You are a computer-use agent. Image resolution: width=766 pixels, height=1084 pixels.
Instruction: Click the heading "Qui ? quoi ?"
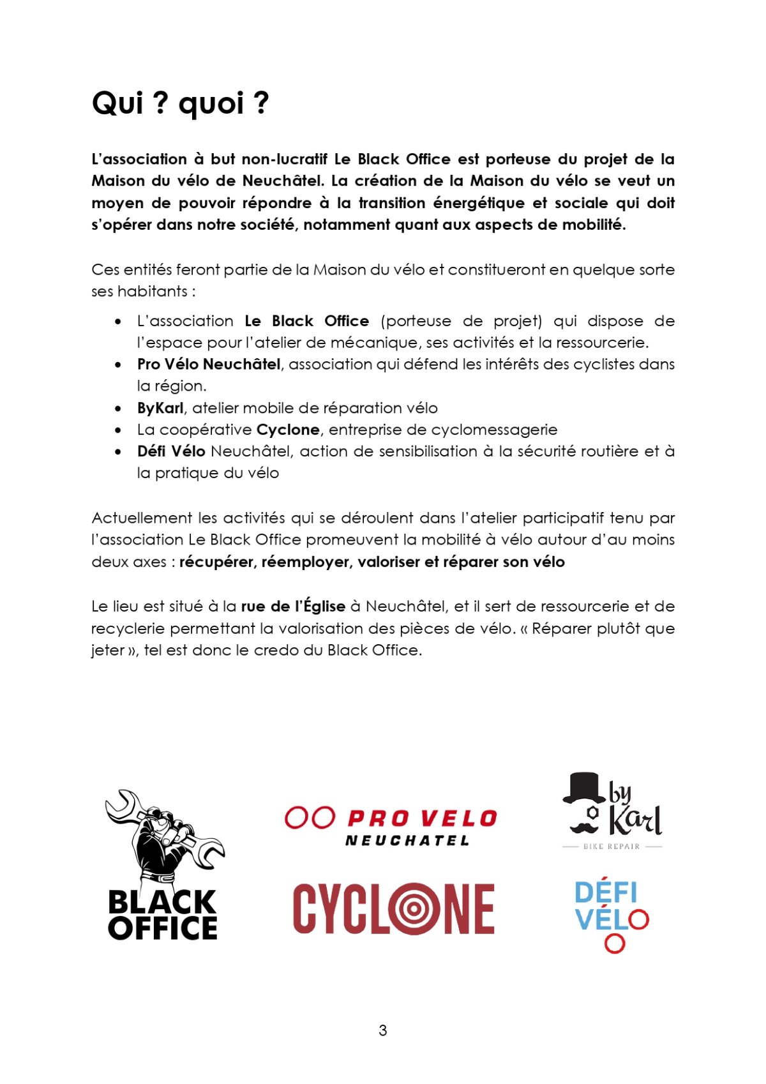pos(181,103)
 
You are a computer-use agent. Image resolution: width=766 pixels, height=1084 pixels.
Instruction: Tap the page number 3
pos(382,1030)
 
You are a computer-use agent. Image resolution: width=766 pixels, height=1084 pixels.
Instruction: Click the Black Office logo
pos(163,865)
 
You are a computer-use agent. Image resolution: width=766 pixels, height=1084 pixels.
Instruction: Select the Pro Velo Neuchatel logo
pos(391,827)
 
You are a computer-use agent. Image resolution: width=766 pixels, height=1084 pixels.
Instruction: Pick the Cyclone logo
pos(393,908)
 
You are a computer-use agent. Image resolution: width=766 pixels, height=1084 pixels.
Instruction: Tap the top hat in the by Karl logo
pos(583,788)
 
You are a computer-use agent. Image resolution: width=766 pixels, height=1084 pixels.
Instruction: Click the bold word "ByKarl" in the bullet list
pos(160,408)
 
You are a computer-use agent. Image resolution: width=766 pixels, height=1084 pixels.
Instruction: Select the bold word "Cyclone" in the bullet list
pos(288,430)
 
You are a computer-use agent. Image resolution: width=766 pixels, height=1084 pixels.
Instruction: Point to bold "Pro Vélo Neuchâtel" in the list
pos(209,365)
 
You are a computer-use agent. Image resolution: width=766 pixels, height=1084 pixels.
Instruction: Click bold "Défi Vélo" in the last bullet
pos(171,451)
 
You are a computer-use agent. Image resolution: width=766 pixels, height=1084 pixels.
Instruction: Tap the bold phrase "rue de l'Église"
pos(293,606)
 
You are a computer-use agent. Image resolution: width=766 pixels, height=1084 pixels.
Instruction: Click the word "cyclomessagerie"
pos(494,430)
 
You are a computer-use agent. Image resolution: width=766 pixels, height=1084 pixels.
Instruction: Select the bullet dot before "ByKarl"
pos(118,409)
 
